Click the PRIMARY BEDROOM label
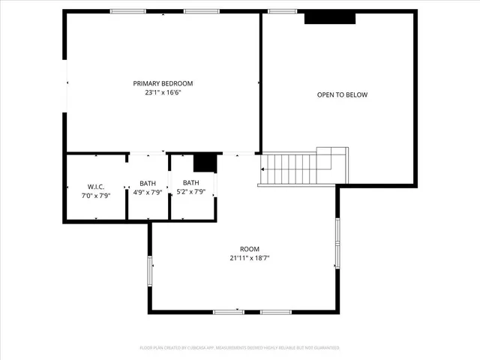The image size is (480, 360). [163, 83]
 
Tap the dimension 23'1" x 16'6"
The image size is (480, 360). [163, 93]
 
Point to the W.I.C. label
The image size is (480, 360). [95, 187]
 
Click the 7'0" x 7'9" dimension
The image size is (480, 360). [95, 196]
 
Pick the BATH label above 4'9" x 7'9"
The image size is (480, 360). [148, 183]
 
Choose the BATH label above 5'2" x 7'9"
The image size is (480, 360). [191, 182]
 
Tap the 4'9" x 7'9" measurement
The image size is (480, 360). [148, 192]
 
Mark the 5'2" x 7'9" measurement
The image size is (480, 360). [191, 191]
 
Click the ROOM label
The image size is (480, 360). [249, 249]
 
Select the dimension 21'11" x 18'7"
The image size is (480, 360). [249, 258]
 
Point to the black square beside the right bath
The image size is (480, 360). [205, 162]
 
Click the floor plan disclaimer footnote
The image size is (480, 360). [240, 348]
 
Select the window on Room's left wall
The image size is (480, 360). [151, 270]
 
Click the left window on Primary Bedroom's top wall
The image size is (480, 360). [128, 11]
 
